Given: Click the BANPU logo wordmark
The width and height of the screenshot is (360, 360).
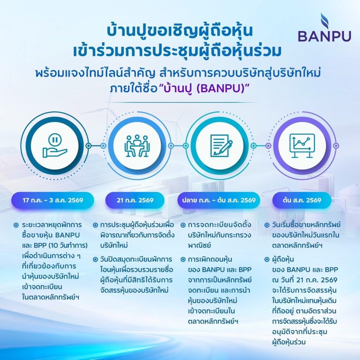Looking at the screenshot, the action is tap(324, 36).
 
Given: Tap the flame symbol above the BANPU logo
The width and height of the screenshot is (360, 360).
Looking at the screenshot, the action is tap(324, 21).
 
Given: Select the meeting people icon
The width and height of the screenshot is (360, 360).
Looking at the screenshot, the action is tap(137, 146).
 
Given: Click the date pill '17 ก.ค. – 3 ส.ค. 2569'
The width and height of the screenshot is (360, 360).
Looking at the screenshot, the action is tap(53, 200).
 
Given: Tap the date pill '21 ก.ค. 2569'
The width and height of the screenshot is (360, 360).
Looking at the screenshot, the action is tap(135, 200).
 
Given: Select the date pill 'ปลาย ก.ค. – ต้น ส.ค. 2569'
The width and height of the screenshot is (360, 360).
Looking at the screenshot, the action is tap(219, 200).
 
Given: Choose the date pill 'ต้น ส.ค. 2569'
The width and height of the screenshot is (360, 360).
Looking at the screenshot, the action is tap(302, 200).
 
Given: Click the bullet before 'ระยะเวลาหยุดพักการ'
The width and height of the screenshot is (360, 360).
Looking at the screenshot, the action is tap(16, 225).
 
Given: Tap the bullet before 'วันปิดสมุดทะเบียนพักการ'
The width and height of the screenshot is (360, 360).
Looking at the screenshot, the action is tap(96, 259).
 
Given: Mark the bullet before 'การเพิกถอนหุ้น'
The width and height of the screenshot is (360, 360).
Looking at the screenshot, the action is tap(183, 259).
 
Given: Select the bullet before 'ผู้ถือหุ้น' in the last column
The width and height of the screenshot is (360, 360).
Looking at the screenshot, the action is tap(267, 259).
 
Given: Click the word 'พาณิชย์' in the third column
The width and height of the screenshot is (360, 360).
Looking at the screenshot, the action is tap(199, 245).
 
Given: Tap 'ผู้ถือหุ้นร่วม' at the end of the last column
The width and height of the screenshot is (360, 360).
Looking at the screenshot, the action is tap(289, 342).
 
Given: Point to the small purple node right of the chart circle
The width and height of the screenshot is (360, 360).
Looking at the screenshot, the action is tap(336, 146).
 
